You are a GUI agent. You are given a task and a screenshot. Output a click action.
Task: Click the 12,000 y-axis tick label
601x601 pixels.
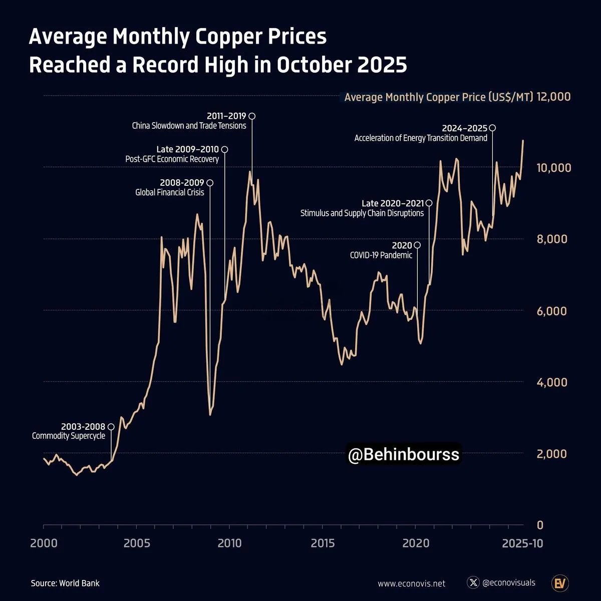553,97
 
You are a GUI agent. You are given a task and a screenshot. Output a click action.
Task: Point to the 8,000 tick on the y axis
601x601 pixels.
552,239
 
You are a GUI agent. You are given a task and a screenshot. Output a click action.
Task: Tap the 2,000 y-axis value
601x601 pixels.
552,454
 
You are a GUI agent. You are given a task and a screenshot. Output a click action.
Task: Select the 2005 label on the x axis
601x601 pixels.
136,543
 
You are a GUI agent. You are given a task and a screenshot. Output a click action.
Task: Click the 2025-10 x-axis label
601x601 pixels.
522,543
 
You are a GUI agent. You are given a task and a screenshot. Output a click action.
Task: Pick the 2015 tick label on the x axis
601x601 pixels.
323,543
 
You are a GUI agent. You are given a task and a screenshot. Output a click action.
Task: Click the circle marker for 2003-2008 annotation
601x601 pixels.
111,427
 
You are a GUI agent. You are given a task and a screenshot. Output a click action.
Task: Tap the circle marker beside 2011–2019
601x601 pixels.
252,116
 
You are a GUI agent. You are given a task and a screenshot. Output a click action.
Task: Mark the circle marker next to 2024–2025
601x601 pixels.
492,128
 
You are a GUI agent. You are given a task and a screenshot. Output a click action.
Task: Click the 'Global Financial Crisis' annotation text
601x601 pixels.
170,192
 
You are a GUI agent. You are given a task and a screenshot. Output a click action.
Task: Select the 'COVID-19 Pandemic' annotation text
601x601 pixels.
381,255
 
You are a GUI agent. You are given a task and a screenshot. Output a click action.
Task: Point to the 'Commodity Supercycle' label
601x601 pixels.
69,436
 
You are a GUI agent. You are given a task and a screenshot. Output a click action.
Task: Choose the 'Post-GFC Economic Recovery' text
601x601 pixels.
172,159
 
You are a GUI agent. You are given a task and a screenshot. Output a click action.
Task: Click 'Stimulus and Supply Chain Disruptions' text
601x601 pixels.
362,213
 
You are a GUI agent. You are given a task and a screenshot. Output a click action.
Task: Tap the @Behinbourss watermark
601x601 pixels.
403,454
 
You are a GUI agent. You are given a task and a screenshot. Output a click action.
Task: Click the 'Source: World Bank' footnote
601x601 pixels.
65,583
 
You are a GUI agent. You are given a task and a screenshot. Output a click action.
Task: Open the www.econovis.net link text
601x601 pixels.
411,583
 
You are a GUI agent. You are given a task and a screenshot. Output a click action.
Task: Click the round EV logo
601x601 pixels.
559,583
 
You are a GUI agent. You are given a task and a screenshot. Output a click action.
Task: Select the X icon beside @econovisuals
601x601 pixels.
473,582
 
